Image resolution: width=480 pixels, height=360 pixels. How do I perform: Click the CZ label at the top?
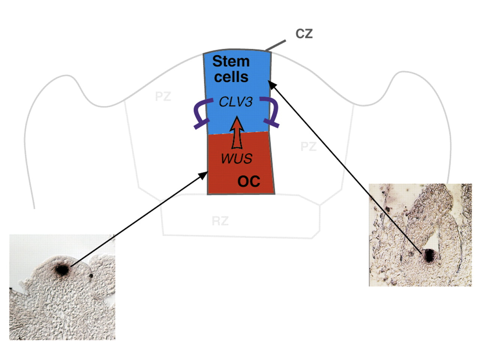coord(304,34)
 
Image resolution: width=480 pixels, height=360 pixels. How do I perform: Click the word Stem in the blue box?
coord(231,61)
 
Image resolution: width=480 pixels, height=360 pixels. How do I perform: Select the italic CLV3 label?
coord(236,102)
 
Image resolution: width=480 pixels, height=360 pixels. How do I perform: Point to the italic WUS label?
coord(236,158)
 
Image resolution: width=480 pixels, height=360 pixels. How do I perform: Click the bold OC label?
coord(248,181)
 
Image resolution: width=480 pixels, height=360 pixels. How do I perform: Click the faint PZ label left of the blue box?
coord(163,97)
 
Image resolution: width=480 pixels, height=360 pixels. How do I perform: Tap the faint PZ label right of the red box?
coord(308,147)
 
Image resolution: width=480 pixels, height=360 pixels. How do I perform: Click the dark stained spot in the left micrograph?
coord(61,270)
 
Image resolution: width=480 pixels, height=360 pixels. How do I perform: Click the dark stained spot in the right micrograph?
coord(428,256)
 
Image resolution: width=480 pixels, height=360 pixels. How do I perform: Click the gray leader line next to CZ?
coord(276,45)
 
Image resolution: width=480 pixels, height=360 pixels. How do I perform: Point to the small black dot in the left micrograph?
coord(91,275)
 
